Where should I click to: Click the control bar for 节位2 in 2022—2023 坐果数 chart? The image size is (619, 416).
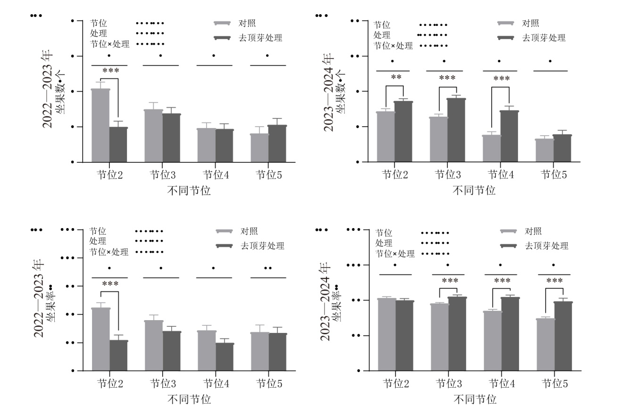pyautogui.click(x=100, y=126)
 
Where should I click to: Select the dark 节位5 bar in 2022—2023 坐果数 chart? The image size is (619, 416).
pyautogui.click(x=277, y=144)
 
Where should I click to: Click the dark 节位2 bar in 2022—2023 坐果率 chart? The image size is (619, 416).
pyautogui.click(x=118, y=356)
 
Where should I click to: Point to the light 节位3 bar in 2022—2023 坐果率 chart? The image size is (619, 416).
pyautogui.click(x=154, y=346)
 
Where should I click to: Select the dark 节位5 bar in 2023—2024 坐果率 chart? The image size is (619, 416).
pyautogui.click(x=563, y=336)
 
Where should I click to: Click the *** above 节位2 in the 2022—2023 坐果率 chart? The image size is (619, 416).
pyautogui.click(x=110, y=284)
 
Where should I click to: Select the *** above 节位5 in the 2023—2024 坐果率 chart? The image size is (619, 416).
pyautogui.click(x=554, y=281)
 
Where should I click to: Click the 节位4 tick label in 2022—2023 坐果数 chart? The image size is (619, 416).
pyautogui.click(x=213, y=175)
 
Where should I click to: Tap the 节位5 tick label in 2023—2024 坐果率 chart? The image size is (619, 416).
pyautogui.click(x=554, y=383)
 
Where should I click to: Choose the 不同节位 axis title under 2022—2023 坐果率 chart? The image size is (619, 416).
pyautogui.click(x=189, y=399)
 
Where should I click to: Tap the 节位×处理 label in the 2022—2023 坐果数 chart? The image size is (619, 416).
pyautogui.click(x=109, y=44)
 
